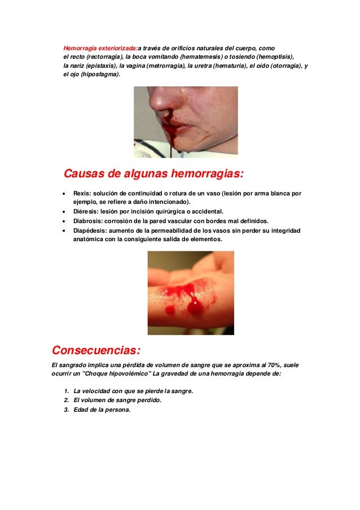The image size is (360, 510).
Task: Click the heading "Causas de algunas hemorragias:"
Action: (x=153, y=173)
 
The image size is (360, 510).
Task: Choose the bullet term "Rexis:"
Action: (x=82, y=194)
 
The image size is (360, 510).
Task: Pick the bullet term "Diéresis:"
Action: (x=86, y=212)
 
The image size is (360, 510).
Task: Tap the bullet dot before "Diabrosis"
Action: (x=65, y=221)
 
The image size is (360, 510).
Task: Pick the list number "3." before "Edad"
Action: (x=67, y=409)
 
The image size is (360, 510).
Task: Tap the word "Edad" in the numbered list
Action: (x=81, y=409)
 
